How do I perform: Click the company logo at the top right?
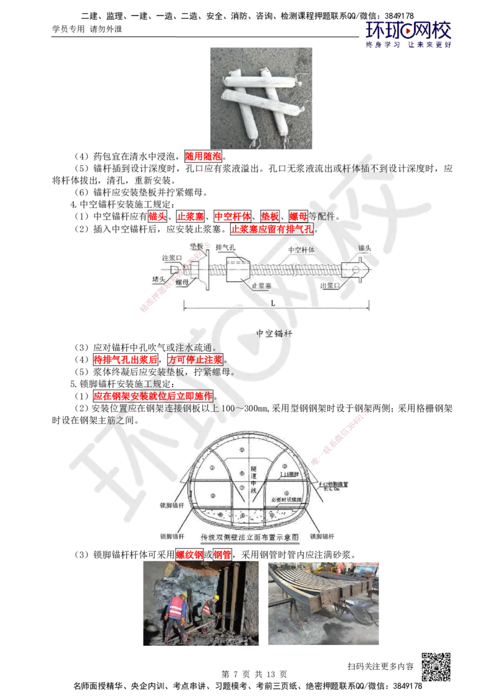[408, 34]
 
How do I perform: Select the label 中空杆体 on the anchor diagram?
[301, 250]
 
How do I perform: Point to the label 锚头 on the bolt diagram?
[364, 247]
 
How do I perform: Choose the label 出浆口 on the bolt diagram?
[330, 286]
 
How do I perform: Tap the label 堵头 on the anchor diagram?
[159, 280]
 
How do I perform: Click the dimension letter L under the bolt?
[272, 303]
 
